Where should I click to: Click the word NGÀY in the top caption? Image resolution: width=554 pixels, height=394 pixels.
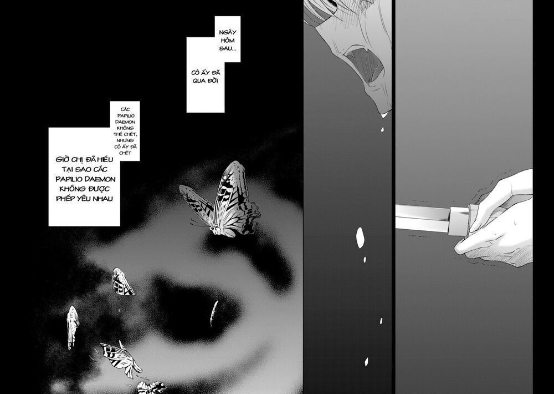228,33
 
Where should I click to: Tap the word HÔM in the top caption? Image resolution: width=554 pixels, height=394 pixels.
228,41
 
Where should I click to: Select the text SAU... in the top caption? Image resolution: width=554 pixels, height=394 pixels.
228,48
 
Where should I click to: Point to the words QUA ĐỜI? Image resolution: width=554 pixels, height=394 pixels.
206,80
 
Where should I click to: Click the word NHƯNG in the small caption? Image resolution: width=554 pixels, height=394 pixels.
125,140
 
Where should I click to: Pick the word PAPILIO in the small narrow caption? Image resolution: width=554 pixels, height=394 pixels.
125,116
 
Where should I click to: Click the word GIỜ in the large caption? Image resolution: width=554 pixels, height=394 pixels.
62,159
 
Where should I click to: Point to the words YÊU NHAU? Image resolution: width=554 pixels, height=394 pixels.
95,199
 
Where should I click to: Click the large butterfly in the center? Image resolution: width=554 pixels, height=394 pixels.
220,200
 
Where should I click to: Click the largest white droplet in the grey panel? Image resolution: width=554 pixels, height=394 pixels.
360,238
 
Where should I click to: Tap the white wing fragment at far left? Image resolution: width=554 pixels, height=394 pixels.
73,327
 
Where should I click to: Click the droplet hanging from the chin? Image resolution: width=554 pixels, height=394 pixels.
384,114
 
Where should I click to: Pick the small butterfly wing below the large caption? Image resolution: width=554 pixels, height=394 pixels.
122,282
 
